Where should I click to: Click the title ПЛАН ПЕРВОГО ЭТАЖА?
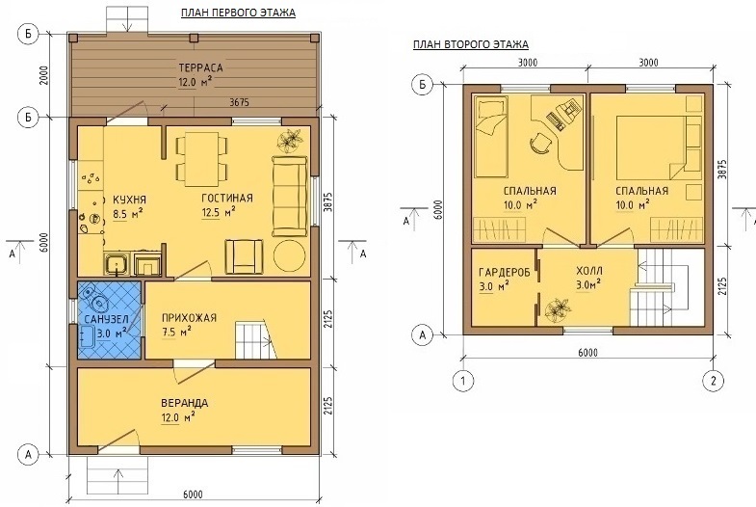coord(238,13)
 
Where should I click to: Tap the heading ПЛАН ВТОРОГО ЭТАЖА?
coord(471,44)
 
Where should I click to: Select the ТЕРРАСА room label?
coord(200,67)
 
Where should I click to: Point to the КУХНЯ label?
coord(130,200)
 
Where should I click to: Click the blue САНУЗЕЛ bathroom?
coord(110,320)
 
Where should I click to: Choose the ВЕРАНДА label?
coord(185,403)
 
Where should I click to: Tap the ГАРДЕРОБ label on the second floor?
coord(505,272)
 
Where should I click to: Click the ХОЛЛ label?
coord(589,271)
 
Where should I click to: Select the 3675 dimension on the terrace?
coord(239,102)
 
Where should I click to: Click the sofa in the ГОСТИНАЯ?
coord(290,196)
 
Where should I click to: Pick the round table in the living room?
coord(289,256)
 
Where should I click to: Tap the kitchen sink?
coord(117,264)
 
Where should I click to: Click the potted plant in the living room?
coord(290,140)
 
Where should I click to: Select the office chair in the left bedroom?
coord(540,143)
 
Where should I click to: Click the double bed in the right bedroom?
coord(651,147)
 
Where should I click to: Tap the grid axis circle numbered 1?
coord(463,381)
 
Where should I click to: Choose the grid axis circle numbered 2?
coord(713,381)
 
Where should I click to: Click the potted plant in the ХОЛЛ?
coord(559,310)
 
